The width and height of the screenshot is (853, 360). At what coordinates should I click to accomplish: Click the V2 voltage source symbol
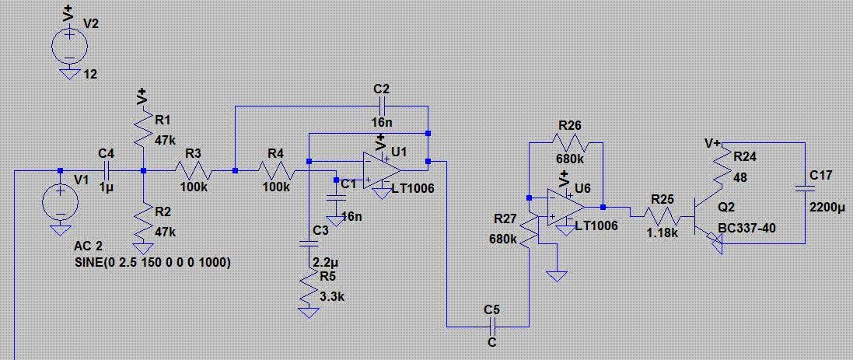pyautogui.click(x=70, y=44)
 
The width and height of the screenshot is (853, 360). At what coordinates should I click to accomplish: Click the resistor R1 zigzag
pyautogui.click(x=142, y=126)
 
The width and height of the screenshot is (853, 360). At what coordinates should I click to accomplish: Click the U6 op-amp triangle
pyautogui.click(x=566, y=207)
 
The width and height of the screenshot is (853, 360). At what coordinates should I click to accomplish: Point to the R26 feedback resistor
pyautogui.click(x=569, y=142)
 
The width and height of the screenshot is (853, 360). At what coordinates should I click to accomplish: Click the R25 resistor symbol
pyautogui.click(x=660, y=216)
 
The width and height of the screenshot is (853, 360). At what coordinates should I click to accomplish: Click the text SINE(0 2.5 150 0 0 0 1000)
pyautogui.click(x=152, y=262)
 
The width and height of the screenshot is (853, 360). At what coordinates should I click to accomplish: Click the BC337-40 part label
pyautogui.click(x=747, y=227)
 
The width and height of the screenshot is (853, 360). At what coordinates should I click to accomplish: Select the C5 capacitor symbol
pyautogui.click(x=491, y=327)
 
